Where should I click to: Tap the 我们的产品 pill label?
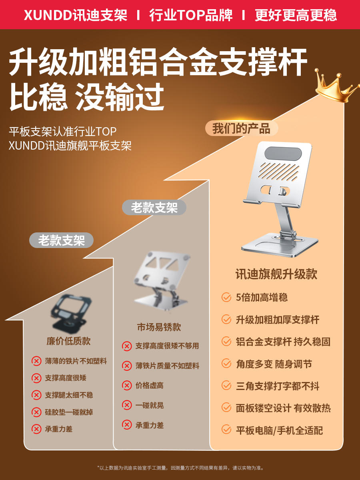point(242,128)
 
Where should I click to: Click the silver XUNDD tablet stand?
point(280,199)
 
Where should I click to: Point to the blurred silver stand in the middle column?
point(161,280)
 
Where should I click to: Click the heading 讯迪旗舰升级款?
point(276,274)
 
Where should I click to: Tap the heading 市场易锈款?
point(159,327)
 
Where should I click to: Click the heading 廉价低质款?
point(68,341)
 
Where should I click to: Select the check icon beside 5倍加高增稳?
point(226,297)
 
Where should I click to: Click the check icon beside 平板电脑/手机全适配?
point(226,429)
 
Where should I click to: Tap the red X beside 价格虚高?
point(127,385)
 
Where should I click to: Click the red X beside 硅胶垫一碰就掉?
point(36,412)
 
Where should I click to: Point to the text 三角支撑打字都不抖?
point(278,386)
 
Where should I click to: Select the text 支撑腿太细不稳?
point(69,395)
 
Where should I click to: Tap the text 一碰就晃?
point(150,405)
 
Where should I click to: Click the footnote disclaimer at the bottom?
point(180,468)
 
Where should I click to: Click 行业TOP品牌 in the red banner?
point(191,15)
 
